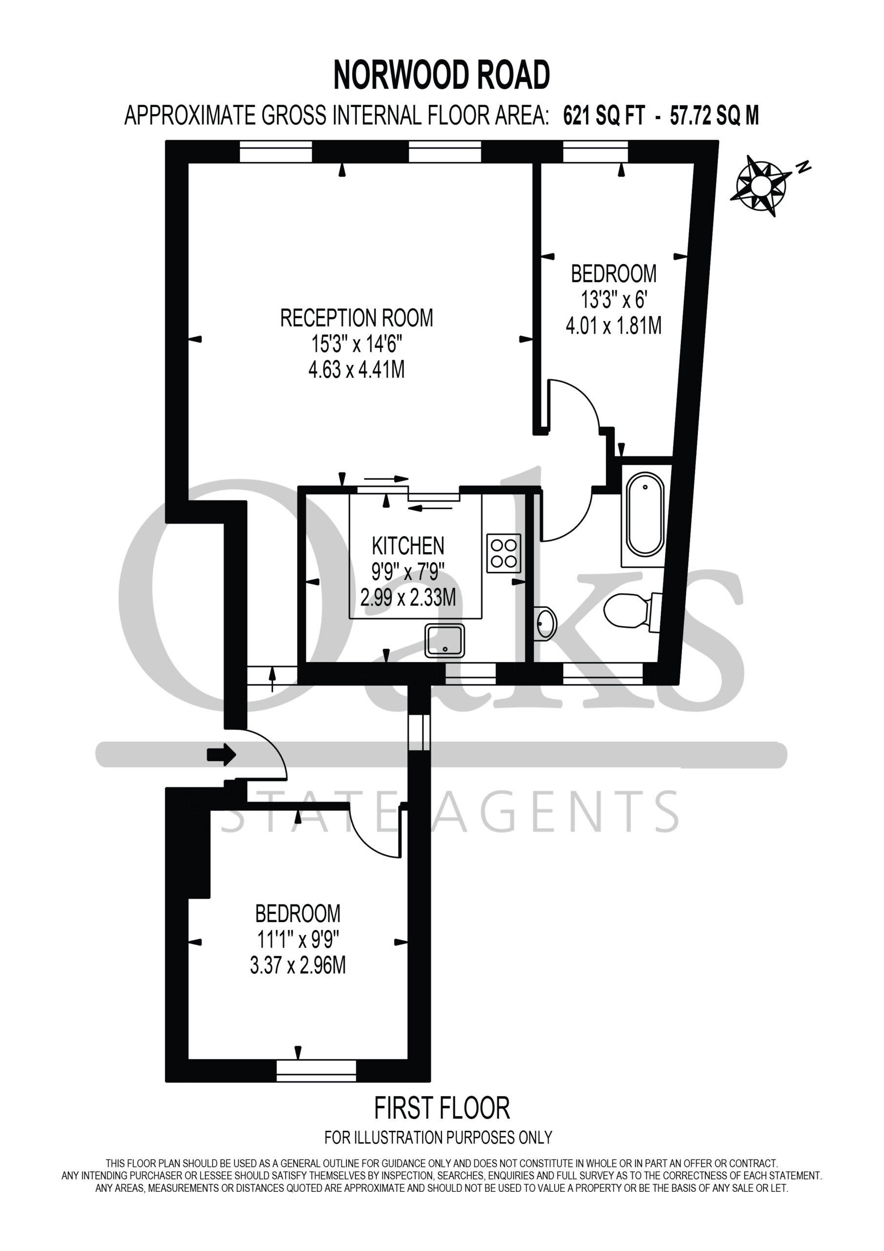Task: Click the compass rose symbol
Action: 761,186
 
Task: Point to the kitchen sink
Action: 445,640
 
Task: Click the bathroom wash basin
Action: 545,622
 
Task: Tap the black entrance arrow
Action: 221,755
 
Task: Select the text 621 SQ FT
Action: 604,115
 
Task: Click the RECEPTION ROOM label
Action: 357,318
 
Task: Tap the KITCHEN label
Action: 408,545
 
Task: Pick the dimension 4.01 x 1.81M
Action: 614,325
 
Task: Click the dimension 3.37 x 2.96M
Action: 298,966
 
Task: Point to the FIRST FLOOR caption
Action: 442,1108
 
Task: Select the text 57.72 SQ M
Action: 715,115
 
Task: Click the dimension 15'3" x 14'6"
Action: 357,344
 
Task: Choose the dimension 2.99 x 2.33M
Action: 408,598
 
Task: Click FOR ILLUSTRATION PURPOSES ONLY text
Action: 439,1138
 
